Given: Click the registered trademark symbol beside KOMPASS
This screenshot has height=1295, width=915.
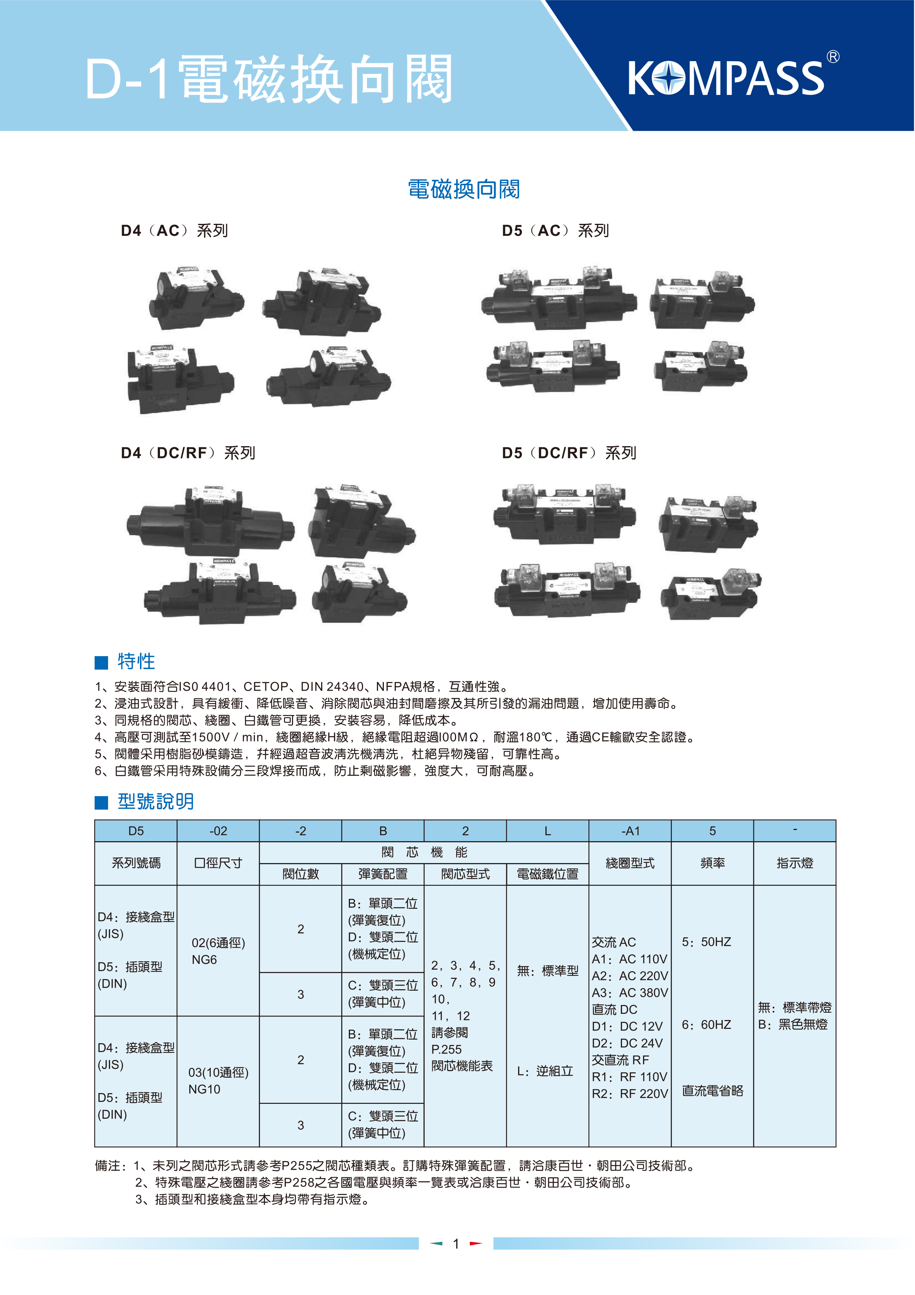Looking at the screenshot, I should pyautogui.click(x=833, y=57).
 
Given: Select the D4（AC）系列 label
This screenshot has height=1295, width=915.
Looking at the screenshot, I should pyautogui.click(x=174, y=231).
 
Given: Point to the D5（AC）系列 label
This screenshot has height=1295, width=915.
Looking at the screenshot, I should pyautogui.click(x=555, y=231).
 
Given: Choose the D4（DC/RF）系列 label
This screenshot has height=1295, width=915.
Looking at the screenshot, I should pyautogui.click(x=188, y=453).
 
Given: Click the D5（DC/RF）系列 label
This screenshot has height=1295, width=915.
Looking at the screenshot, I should pyautogui.click(x=568, y=453).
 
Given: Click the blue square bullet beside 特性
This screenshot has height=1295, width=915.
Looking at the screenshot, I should pyautogui.click(x=102, y=662).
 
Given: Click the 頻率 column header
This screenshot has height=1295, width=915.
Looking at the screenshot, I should pyautogui.click(x=712, y=863).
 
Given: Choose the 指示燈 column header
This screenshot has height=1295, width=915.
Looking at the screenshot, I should pyautogui.click(x=795, y=863).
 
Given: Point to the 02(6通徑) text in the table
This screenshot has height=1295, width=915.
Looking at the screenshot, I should pyautogui.click(x=218, y=943).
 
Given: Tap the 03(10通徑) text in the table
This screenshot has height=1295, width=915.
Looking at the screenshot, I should pyautogui.click(x=218, y=1072).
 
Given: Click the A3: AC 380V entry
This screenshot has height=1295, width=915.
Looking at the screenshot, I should pyautogui.click(x=630, y=993).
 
